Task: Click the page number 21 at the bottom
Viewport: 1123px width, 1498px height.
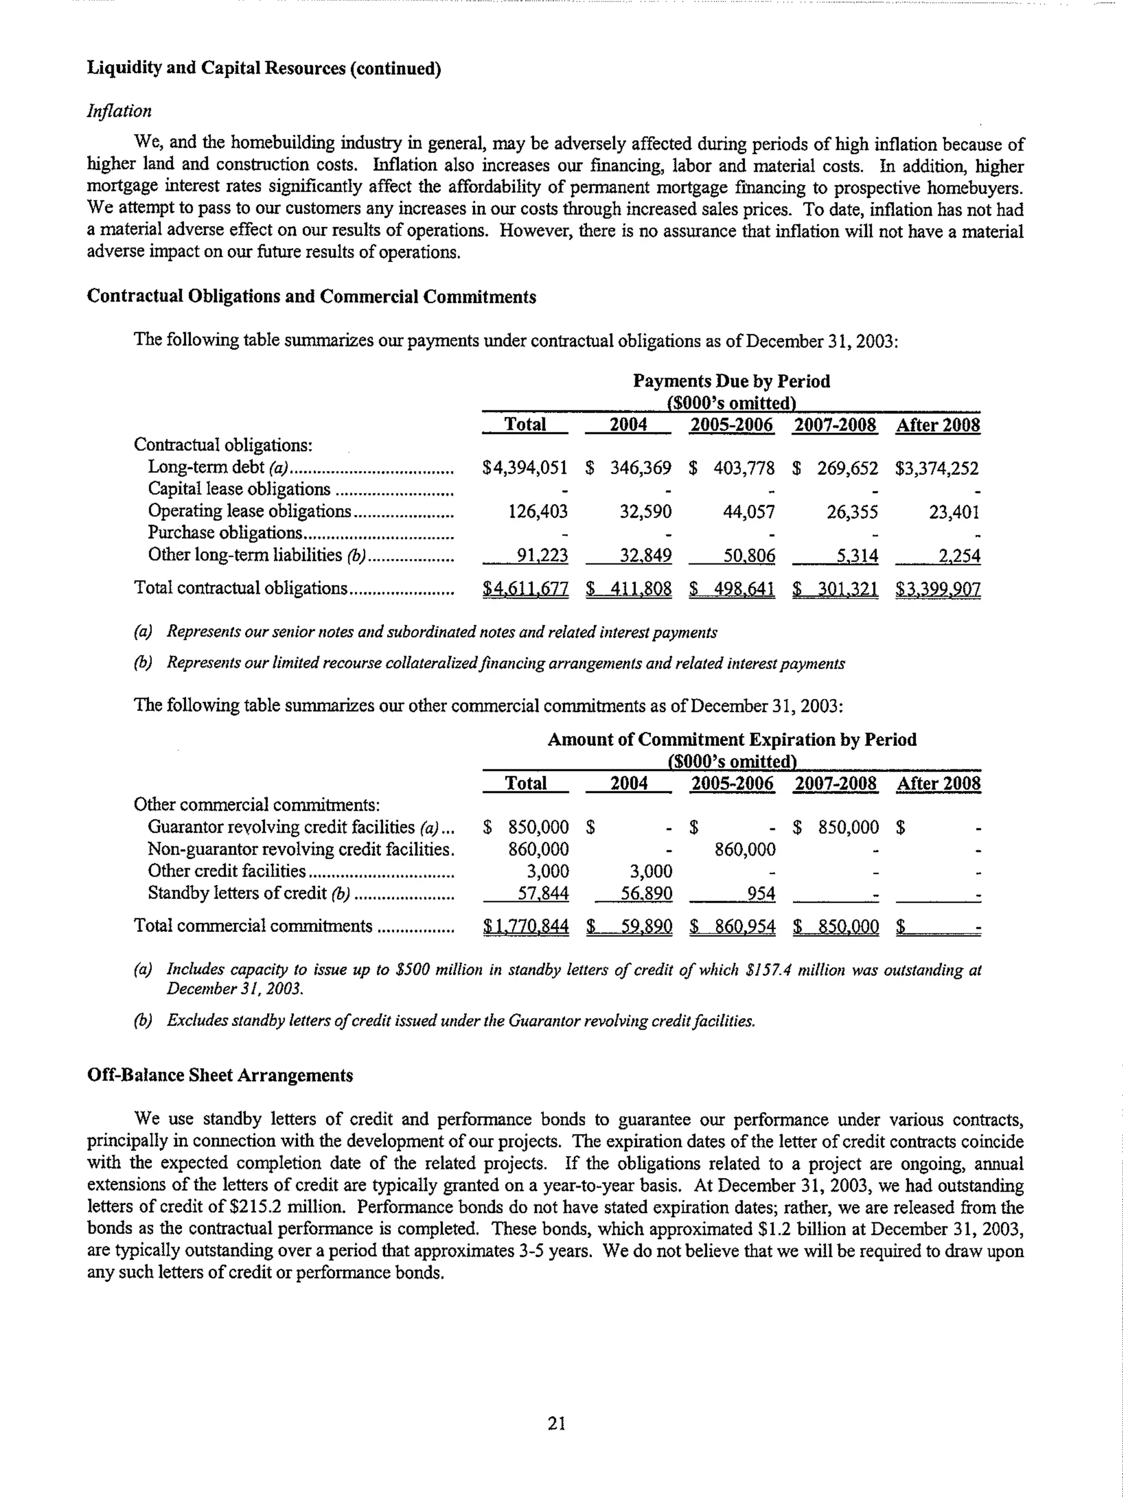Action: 557,1423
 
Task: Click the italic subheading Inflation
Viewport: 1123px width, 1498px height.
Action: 119,111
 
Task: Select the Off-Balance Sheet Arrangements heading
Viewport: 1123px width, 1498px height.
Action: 220,1076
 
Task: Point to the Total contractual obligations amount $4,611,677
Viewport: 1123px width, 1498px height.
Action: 525,589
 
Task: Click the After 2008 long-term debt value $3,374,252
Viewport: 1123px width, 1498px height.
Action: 937,468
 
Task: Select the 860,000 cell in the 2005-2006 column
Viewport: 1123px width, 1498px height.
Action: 745,849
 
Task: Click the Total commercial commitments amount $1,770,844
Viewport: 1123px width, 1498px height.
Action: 526,926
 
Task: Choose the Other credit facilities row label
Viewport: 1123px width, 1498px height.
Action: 227,871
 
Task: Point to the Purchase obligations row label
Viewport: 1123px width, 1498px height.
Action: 225,533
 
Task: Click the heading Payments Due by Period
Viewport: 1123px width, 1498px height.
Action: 731,381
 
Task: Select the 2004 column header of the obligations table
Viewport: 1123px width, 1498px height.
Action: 628,425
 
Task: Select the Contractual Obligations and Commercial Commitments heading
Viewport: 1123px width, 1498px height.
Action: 311,297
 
